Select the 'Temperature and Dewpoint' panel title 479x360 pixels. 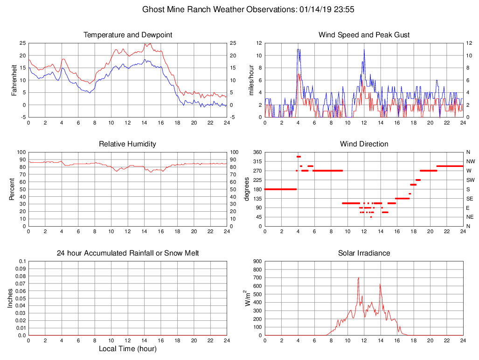coord(128,35)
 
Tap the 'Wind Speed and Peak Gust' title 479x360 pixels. coord(364,35)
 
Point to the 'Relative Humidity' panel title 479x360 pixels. coord(127,144)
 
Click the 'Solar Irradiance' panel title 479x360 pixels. coord(364,253)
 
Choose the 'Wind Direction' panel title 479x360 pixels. coord(364,144)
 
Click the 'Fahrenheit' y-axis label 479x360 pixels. coord(14,80)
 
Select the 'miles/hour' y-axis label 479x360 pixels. coord(251,80)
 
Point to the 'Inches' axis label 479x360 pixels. coord(10,298)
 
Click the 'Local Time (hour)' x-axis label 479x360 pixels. coord(127,349)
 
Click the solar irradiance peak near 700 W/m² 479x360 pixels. coord(358,278)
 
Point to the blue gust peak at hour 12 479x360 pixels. coord(364,49)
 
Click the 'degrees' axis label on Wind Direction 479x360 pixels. coord(247,189)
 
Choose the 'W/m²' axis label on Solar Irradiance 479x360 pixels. coord(248,298)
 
